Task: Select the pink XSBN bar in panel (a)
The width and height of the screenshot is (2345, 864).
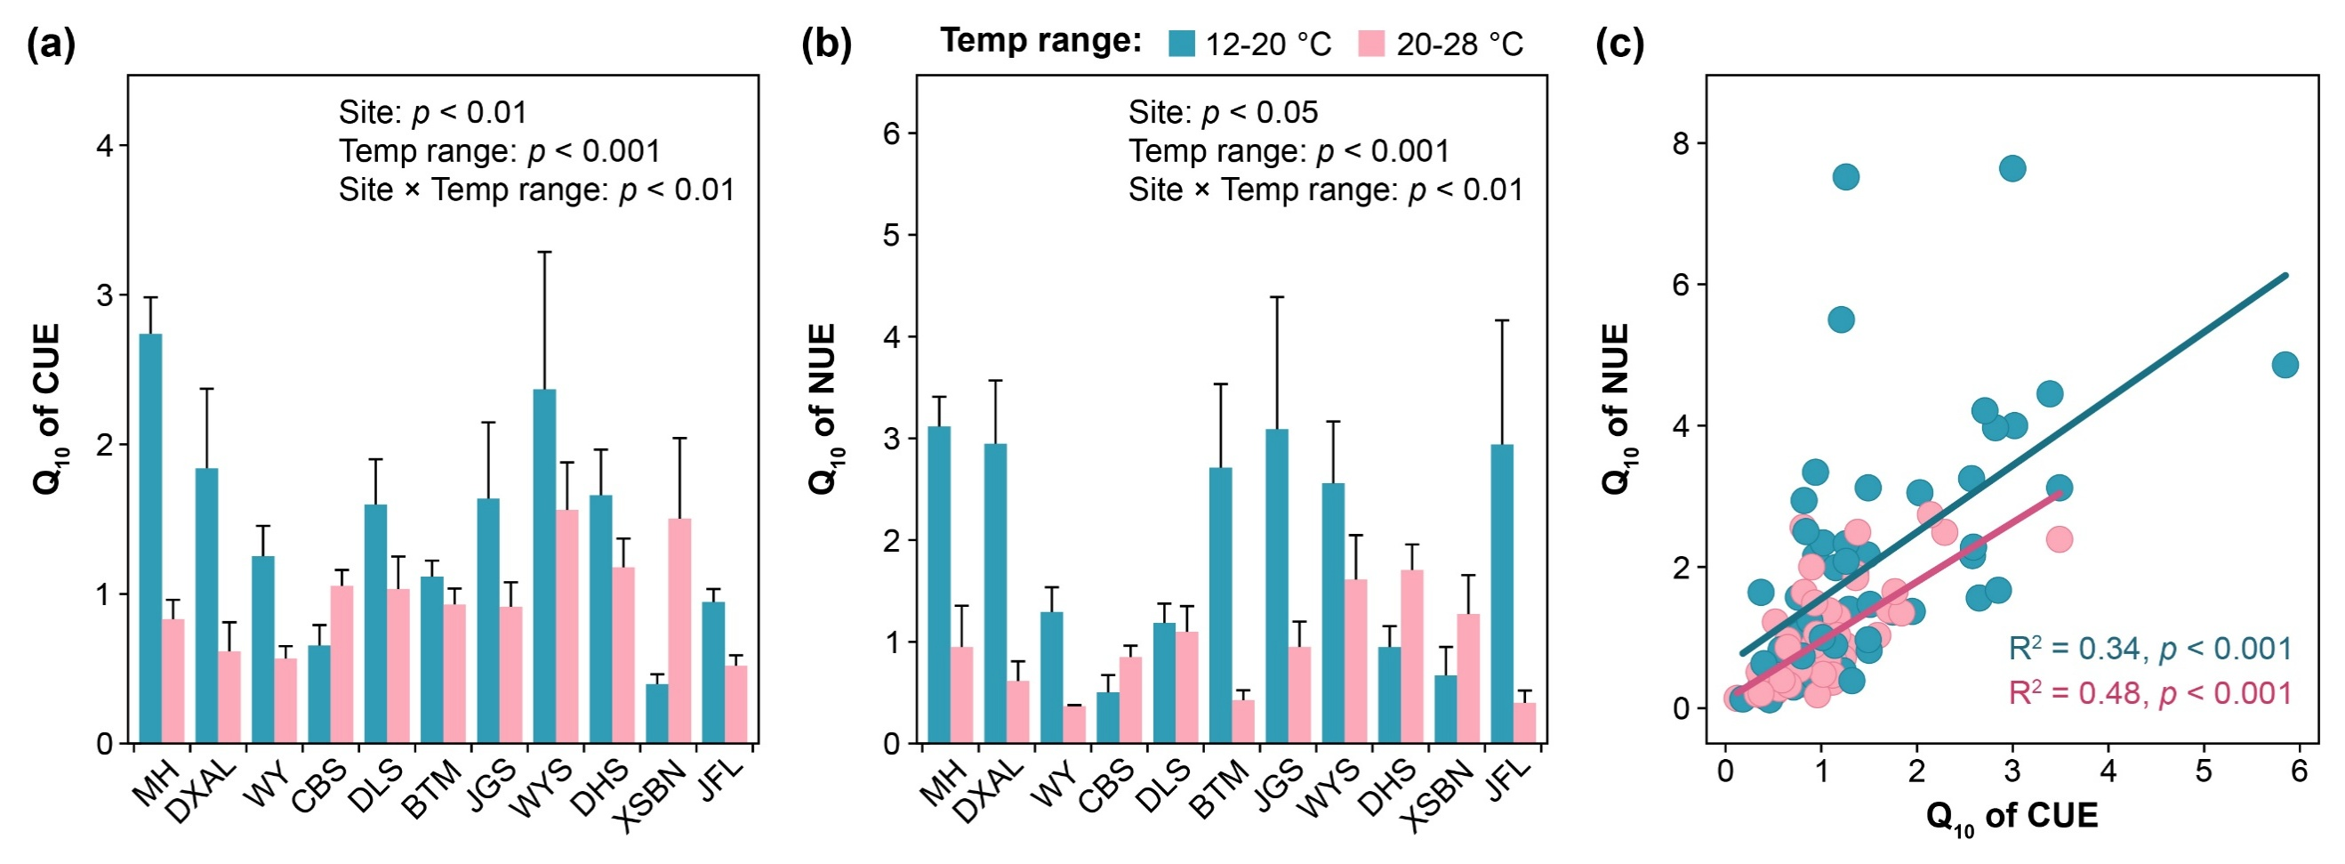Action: [x=680, y=631]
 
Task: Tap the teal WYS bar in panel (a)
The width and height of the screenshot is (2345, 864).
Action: [x=544, y=566]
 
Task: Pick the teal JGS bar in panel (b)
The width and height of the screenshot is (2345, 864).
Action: [x=1277, y=586]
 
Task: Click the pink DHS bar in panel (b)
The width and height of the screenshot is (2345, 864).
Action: [x=1412, y=657]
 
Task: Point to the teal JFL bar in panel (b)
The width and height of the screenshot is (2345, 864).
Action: [x=1502, y=593]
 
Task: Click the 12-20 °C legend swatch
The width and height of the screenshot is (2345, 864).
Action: [x=1182, y=44]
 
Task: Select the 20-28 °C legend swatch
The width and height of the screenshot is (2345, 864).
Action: [x=1371, y=44]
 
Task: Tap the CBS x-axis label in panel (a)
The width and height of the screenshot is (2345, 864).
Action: [x=320, y=785]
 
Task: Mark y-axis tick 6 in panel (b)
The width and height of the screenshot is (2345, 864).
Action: [x=891, y=133]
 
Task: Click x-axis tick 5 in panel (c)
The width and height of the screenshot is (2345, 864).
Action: [x=2203, y=771]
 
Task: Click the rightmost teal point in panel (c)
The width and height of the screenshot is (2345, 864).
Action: [x=2285, y=365]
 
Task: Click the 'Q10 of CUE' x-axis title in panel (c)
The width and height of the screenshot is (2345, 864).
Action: [x=2012, y=817]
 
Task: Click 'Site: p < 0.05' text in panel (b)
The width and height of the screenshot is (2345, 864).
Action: [x=1223, y=112]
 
